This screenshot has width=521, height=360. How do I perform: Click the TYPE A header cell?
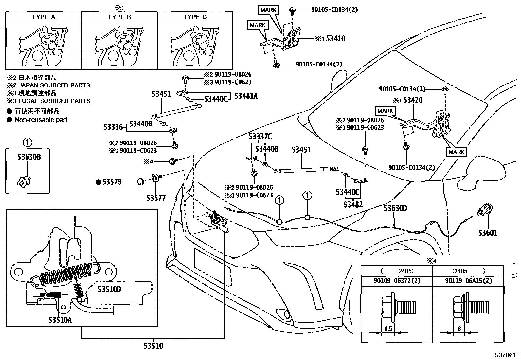(44, 17)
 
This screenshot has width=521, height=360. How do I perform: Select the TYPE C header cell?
(195, 17)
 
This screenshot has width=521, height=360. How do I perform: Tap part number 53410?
(335, 39)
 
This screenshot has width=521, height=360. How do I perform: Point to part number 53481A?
(245, 96)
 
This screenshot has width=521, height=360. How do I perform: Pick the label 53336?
(113, 127)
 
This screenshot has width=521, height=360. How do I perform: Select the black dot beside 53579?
(98, 182)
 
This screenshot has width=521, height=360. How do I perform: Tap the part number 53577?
(156, 198)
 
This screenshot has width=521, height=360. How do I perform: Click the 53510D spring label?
(109, 289)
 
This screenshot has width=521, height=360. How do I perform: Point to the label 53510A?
(60, 320)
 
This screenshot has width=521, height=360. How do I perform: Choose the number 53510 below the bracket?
(153, 346)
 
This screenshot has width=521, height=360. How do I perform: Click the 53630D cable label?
(395, 208)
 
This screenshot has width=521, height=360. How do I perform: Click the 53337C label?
(260, 136)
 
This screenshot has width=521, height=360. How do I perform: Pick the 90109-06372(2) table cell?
(397, 280)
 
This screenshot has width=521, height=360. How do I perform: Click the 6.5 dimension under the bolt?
(388, 329)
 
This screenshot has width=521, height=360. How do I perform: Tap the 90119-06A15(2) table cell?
(468, 280)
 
